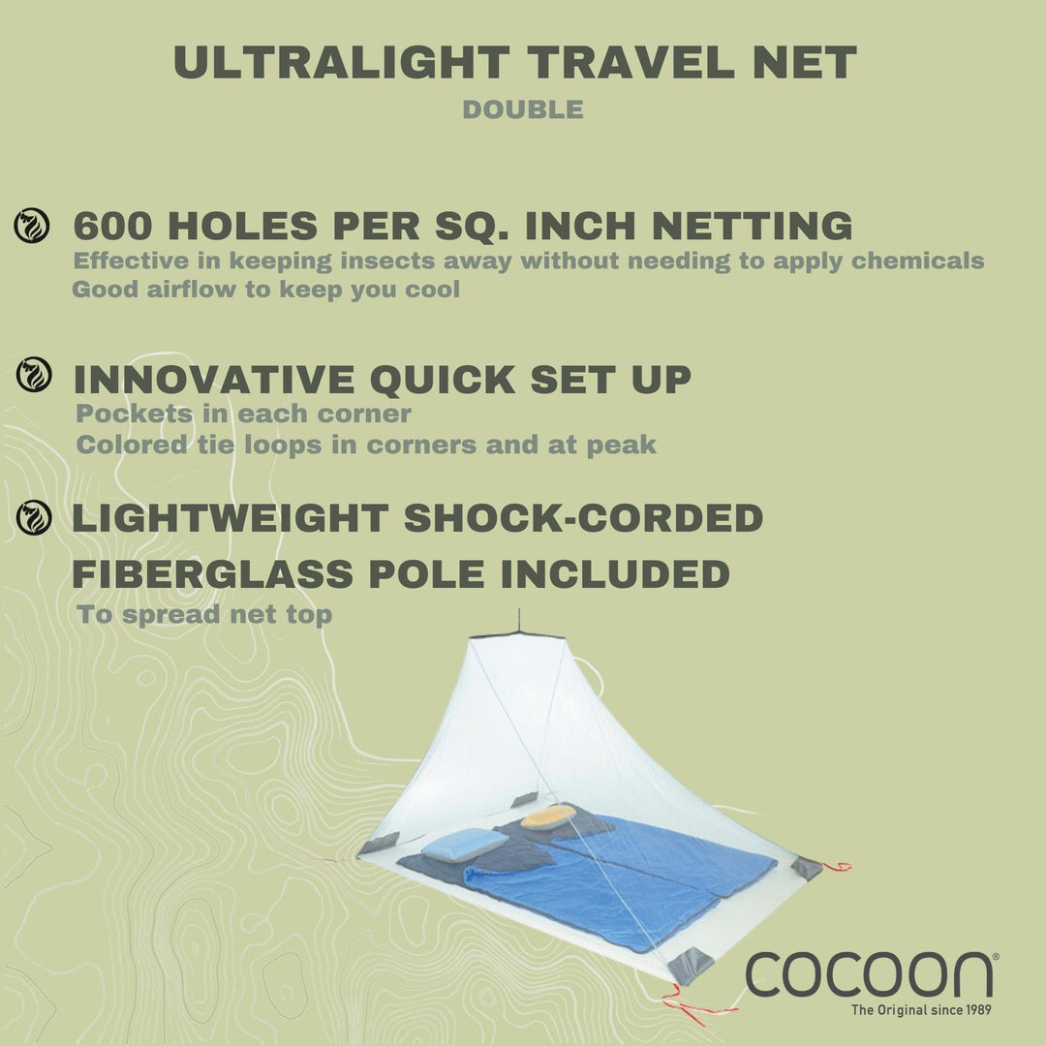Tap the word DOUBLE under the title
pos(523,109)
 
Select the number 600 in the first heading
pos(111,226)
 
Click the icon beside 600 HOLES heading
pos(32,226)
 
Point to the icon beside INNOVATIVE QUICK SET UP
pos(35,375)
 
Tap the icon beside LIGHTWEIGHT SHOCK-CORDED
pos(35,518)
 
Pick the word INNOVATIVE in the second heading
pos(213,379)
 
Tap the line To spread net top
pos(204,615)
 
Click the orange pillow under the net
pos(547,816)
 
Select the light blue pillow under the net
pos(463,844)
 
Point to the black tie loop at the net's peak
pos(520,620)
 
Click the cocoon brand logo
pos(869,973)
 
